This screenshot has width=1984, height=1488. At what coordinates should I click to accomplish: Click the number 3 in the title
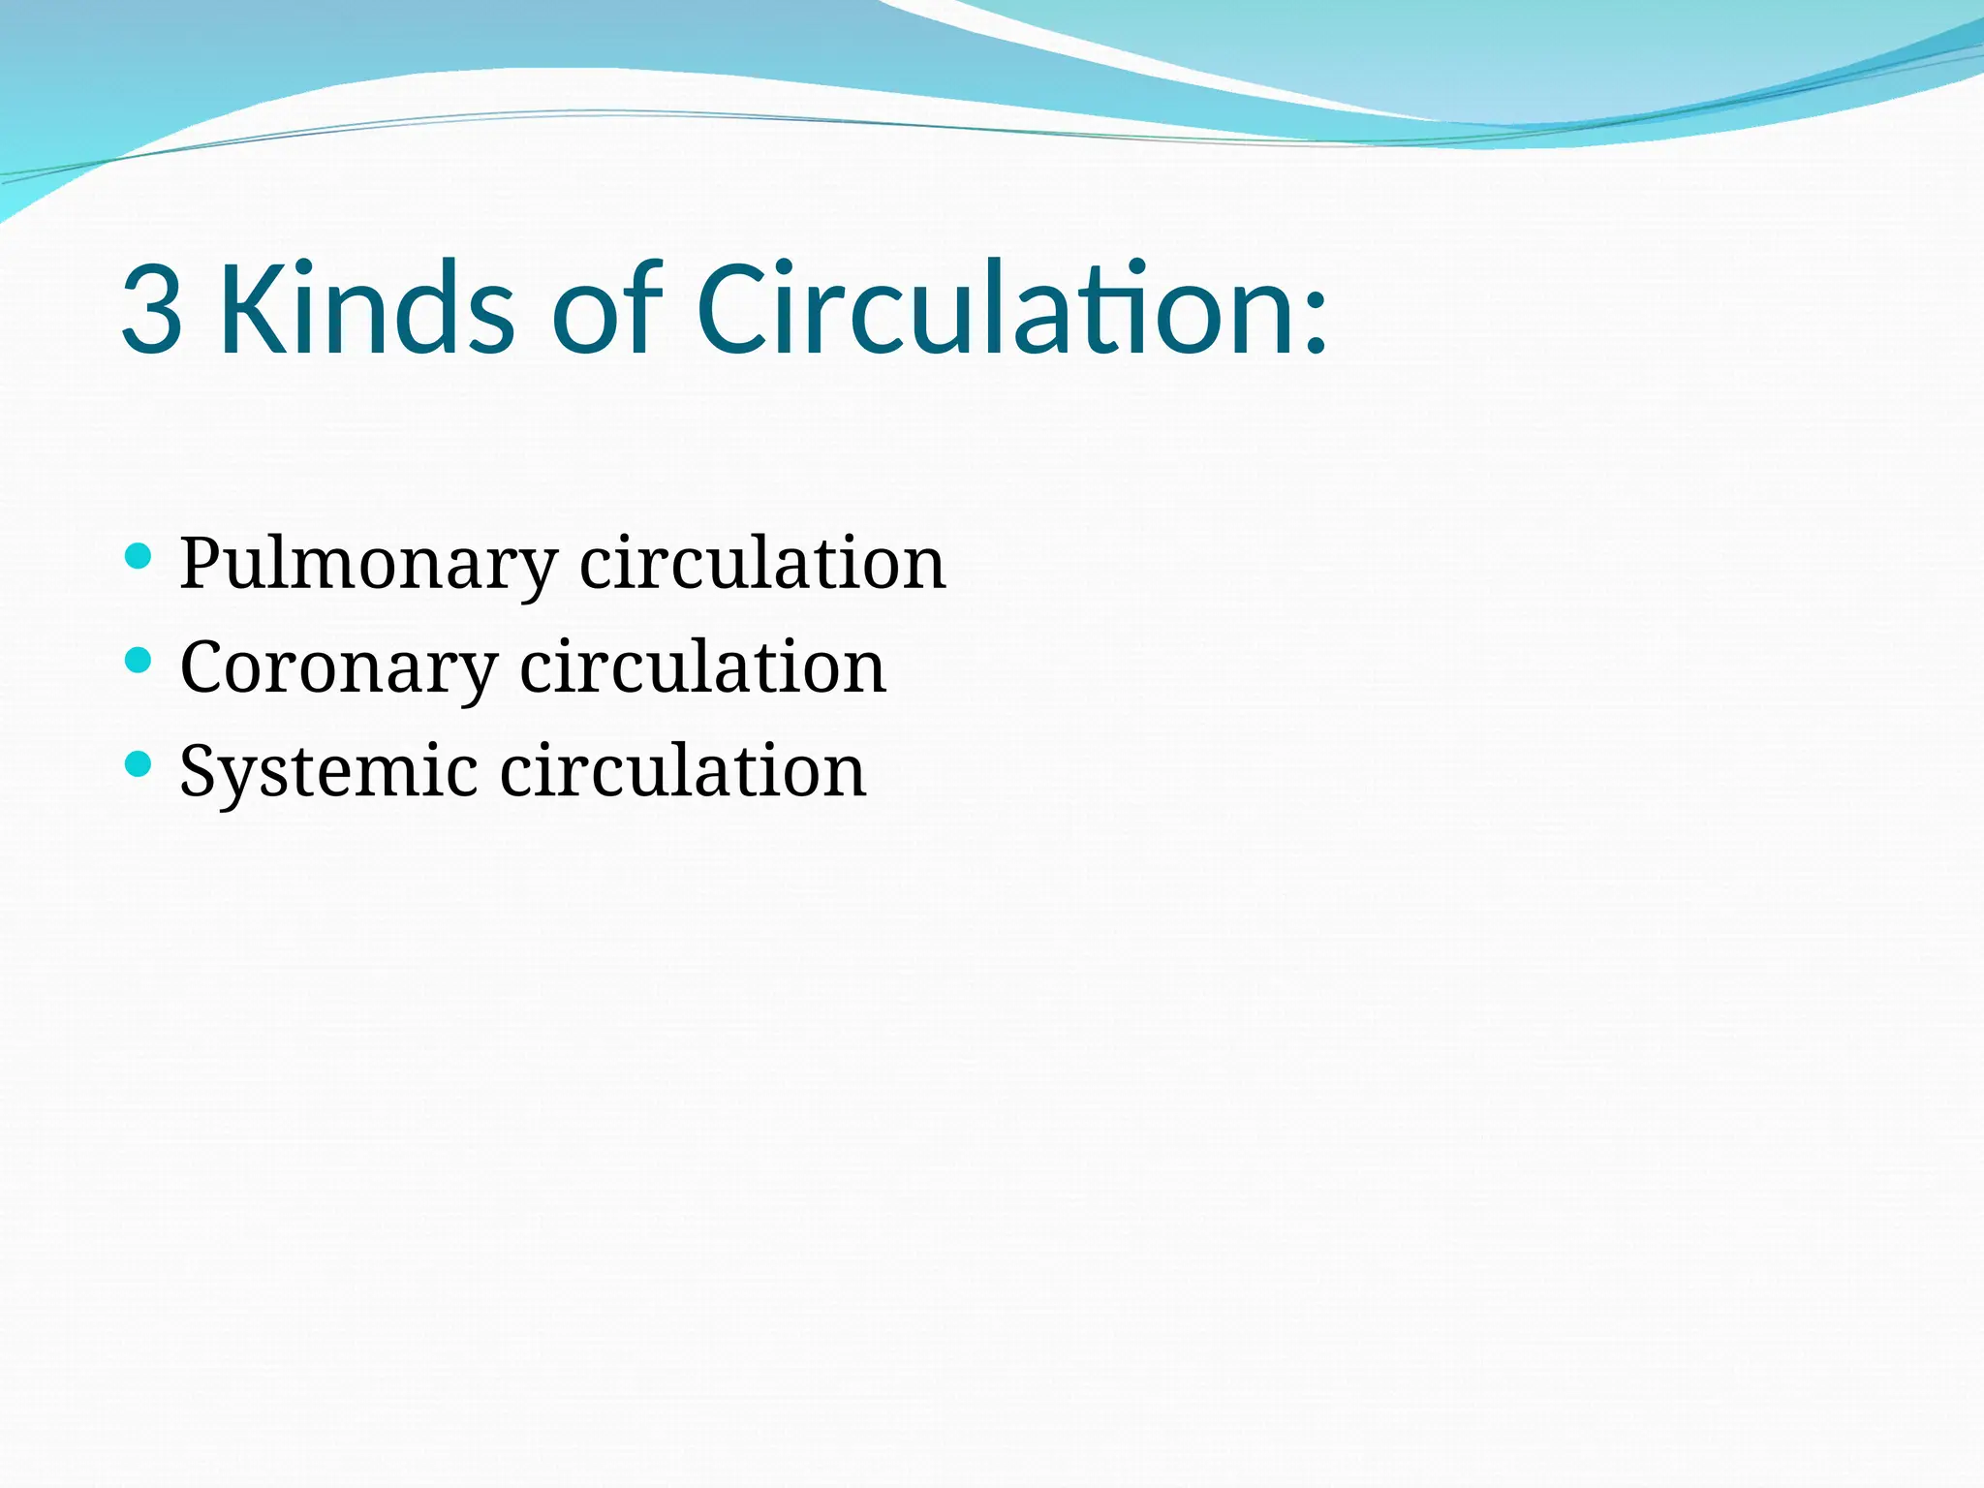tap(152, 311)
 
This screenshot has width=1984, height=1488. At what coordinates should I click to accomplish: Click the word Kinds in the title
tap(367, 309)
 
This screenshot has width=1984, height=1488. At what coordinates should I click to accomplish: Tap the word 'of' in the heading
tap(607, 309)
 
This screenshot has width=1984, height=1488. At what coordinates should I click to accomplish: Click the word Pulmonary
tap(368, 564)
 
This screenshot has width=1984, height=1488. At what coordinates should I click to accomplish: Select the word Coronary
tap(338, 667)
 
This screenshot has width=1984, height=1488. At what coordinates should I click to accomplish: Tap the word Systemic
tap(328, 772)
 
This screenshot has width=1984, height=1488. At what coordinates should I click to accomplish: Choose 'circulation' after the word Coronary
tap(702, 667)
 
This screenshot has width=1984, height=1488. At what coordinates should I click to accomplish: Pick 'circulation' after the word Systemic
tap(683, 771)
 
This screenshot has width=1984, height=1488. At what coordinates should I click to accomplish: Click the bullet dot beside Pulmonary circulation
tap(139, 556)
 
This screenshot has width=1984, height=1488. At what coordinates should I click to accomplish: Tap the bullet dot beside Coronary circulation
tap(139, 661)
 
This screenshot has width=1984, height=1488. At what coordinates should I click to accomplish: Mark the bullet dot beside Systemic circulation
tap(139, 764)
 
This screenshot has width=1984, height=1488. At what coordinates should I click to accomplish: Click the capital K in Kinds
tap(251, 309)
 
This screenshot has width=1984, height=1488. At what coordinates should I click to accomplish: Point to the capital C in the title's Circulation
tap(737, 309)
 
